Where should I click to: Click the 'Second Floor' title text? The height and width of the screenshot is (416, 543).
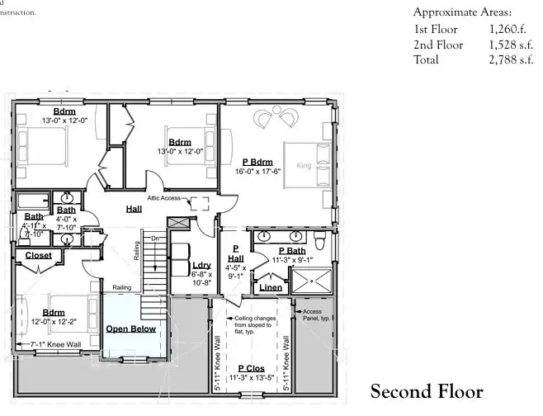click(426, 390)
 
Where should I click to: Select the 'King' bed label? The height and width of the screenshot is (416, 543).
click(304, 166)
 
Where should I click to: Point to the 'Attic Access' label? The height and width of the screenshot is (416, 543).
click(165, 198)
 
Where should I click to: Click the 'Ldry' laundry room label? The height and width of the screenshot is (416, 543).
click(201, 265)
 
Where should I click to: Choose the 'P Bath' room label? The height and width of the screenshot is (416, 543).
click(292, 250)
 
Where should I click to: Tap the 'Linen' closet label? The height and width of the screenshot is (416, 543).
click(271, 287)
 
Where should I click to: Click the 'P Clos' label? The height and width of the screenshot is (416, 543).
click(251, 367)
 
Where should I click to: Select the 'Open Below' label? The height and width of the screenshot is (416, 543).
click(130, 329)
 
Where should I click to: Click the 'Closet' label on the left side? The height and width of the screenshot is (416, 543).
click(38, 256)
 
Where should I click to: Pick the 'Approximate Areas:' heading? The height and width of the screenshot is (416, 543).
click(462, 12)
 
